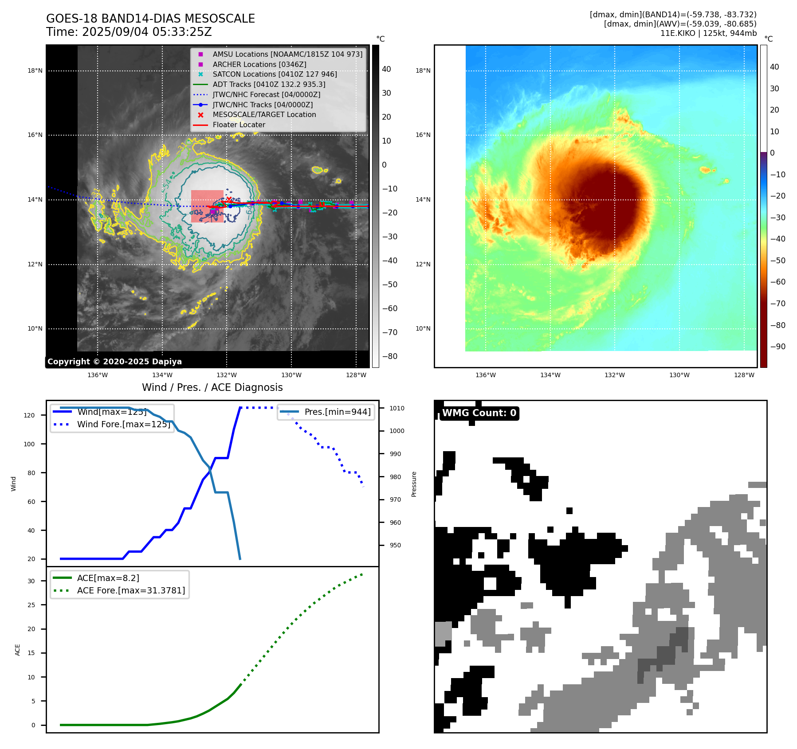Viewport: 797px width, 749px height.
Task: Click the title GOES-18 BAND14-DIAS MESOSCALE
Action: [x=150, y=19]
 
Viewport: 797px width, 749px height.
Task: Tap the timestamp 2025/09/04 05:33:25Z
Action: [x=147, y=32]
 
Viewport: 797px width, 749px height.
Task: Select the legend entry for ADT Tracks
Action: [x=269, y=84]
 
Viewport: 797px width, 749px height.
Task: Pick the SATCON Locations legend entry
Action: [x=275, y=74]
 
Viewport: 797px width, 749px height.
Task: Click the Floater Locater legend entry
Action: [x=239, y=125]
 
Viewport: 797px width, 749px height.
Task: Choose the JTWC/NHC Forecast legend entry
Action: [x=266, y=94]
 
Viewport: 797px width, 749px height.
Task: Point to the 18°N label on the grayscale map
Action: [x=35, y=70]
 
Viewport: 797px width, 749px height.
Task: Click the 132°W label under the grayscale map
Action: [x=227, y=375]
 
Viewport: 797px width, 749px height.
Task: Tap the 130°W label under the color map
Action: [x=679, y=375]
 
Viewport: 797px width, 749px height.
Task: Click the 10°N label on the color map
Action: [x=423, y=328]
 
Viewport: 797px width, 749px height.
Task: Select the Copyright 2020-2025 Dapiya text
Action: [x=114, y=362]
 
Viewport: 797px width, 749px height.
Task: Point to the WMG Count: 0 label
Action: [x=479, y=413]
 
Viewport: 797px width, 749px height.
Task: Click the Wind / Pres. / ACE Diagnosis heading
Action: [x=212, y=387]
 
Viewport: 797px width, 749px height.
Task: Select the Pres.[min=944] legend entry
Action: [x=337, y=412]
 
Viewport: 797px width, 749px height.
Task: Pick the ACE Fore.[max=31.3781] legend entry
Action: [x=131, y=590]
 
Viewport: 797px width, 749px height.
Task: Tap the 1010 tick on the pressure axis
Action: [x=397, y=408]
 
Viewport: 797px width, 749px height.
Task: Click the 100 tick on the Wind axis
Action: [x=29, y=444]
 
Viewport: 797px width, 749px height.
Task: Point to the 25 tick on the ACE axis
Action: [x=31, y=605]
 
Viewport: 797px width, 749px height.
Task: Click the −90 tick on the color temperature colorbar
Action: [x=777, y=347]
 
